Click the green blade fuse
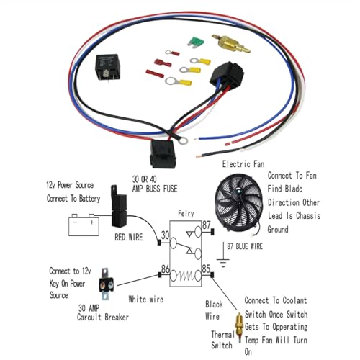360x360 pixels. tap(195, 42)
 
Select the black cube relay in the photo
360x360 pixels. tap(107, 68)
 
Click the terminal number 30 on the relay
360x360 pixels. tap(165, 235)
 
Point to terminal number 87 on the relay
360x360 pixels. tap(207, 225)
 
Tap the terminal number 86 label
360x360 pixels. tap(166, 269)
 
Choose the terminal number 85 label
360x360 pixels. tap(206, 269)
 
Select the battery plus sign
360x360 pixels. tap(91, 222)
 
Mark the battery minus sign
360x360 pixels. tap(75, 222)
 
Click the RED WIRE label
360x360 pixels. tap(129, 238)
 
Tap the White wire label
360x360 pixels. tap(146, 299)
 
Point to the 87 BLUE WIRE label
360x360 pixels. tap(245, 246)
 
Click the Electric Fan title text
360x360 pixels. tap(243, 164)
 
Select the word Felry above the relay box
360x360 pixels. tap(186, 214)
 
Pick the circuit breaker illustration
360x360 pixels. tap(106, 284)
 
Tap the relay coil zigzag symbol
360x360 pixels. tap(186, 276)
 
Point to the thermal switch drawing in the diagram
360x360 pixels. tap(239, 327)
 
